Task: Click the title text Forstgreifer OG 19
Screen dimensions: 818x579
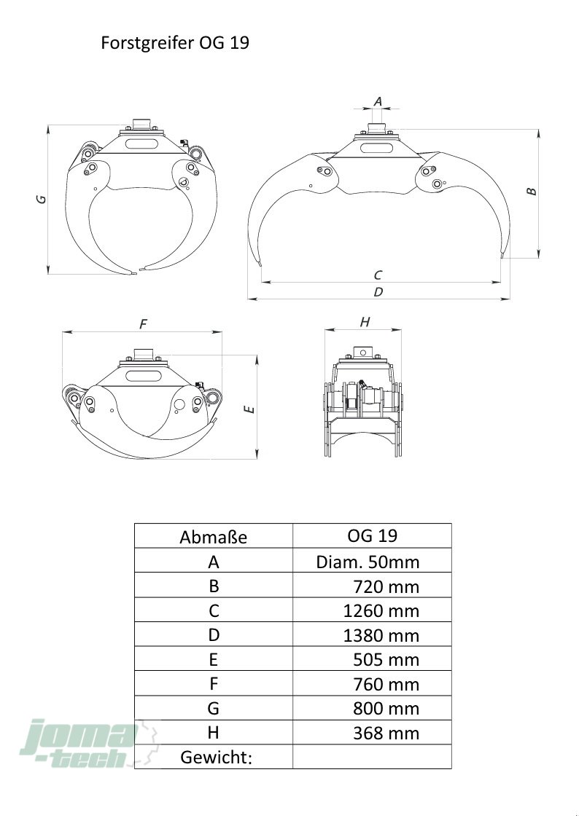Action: pyautogui.click(x=175, y=43)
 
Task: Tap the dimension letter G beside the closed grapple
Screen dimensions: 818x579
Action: pyautogui.click(x=42, y=198)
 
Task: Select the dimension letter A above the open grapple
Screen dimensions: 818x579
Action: pyautogui.click(x=378, y=101)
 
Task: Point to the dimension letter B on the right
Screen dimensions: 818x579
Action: pyautogui.click(x=532, y=191)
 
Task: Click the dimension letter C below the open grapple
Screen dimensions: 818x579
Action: pyautogui.click(x=378, y=275)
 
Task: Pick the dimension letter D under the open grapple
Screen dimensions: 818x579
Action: pyautogui.click(x=378, y=291)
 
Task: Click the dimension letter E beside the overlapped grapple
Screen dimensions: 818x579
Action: pyautogui.click(x=249, y=409)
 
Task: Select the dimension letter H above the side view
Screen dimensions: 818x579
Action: pyautogui.click(x=365, y=322)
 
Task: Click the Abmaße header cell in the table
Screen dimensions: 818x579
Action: pyautogui.click(x=213, y=538)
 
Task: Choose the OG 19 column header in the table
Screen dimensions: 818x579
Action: pyautogui.click(x=372, y=536)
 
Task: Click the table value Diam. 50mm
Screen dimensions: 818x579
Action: pyautogui.click(x=368, y=562)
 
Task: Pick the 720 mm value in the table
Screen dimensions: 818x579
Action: pyautogui.click(x=386, y=586)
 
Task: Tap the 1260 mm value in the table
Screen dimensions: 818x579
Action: pyautogui.click(x=381, y=610)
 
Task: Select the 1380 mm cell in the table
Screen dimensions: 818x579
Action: pyautogui.click(x=381, y=635)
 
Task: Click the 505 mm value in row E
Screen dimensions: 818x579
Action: pyautogui.click(x=386, y=660)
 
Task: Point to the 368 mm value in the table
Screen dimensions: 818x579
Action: pyautogui.click(x=386, y=733)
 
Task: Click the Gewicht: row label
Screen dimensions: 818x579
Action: pyautogui.click(x=216, y=758)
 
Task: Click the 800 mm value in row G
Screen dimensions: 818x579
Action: pyautogui.click(x=386, y=709)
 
